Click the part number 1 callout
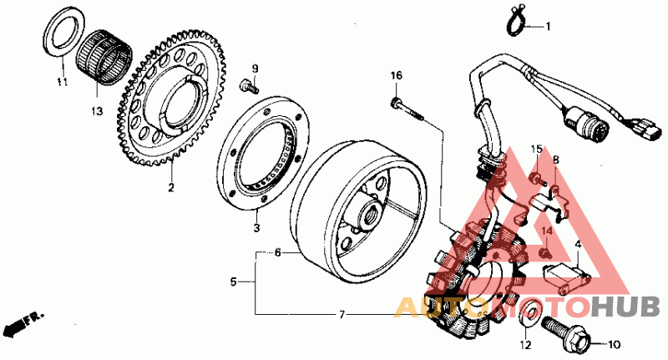coord(549,27)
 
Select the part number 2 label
coord(170,188)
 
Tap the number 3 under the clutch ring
coord(257,227)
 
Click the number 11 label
coord(60,82)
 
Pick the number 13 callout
coord(97,110)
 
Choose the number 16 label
coord(396,76)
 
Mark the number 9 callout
coord(256,68)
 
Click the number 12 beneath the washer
coord(526,344)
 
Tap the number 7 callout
coord(341,315)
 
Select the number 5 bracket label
coord(235,282)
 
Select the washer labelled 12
coord(528,317)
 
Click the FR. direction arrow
coord(21,322)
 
